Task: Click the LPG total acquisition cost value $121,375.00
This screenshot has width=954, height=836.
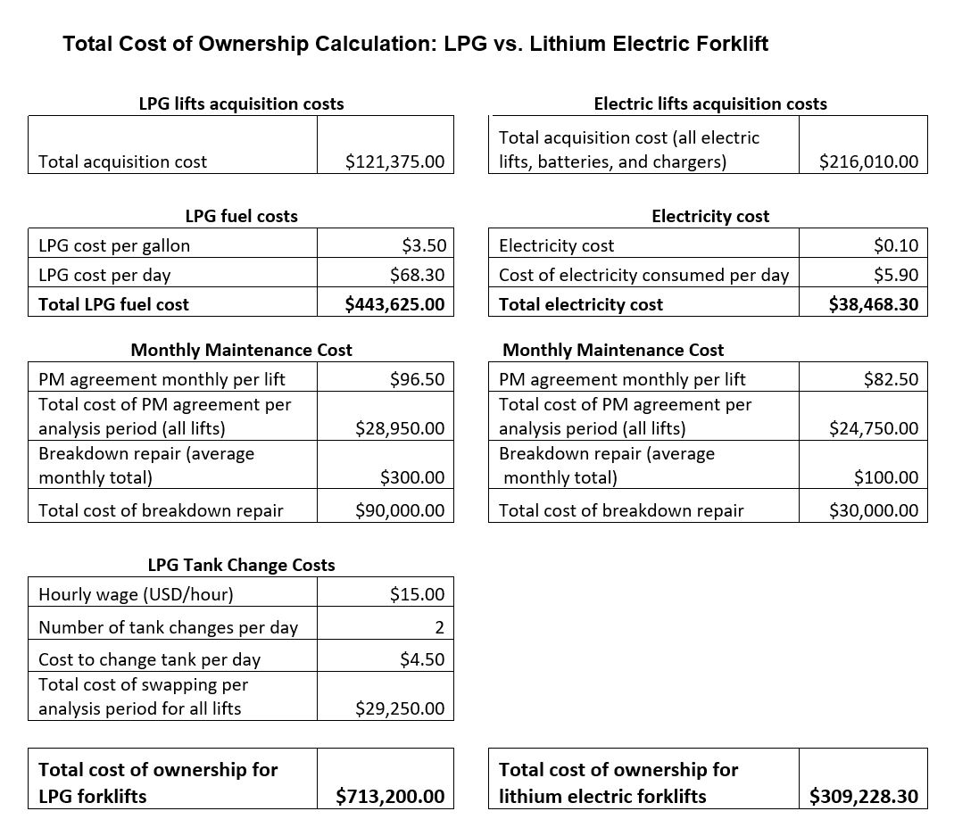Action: pos(394,162)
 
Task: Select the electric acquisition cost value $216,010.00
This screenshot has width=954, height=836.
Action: pos(868,162)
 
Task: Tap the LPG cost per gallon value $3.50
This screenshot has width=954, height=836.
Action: pos(423,245)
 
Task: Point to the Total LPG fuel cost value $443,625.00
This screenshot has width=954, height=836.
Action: pos(394,304)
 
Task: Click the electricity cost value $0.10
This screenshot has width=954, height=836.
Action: pos(896,245)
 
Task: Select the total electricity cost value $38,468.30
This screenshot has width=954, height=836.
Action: pos(873,304)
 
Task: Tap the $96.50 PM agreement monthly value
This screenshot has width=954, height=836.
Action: pos(417,379)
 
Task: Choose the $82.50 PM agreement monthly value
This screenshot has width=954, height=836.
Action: pos(891,379)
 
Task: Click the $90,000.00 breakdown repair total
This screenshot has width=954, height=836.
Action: pos(399,510)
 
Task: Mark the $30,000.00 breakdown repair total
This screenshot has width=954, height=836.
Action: pos(873,510)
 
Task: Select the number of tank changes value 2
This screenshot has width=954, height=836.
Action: pos(439,627)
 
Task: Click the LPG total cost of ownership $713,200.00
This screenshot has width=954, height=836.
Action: pos(390,796)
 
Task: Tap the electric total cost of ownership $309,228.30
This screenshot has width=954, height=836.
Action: pos(863,796)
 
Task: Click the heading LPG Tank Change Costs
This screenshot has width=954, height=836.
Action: pos(241,565)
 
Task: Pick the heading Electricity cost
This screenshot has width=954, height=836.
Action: pos(709,216)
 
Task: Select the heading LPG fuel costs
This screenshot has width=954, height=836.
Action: pos(241,216)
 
